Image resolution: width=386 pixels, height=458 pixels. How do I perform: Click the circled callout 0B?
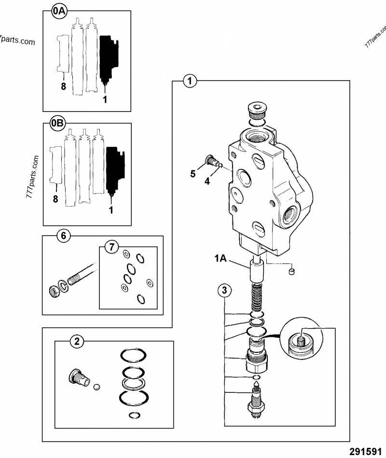[57, 124]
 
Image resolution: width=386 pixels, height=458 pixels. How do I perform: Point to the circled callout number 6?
[63, 236]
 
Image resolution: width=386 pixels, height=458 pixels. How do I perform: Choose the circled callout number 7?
[111, 248]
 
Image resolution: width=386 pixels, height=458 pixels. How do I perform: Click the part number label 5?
[193, 174]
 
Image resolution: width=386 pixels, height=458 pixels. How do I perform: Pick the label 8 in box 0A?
[63, 87]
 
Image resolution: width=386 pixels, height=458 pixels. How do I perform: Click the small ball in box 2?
[96, 386]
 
